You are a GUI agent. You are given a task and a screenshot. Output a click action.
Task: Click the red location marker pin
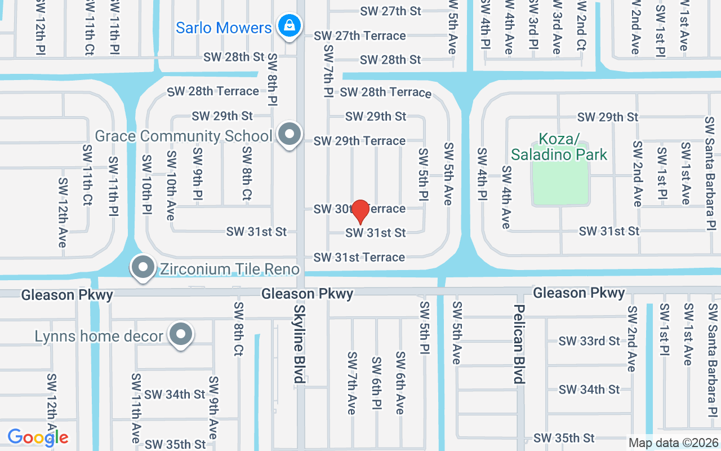point(360,212)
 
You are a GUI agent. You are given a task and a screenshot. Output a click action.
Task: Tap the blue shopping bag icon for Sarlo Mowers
point(290,25)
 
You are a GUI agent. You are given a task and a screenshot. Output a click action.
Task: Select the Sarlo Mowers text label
point(224,28)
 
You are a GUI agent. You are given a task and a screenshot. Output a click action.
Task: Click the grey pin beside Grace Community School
point(290,135)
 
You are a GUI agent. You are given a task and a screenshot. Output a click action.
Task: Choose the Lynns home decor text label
point(99,337)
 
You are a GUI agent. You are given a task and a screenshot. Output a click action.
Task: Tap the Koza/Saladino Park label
point(559,147)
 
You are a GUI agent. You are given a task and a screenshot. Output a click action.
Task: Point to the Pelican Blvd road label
point(519,344)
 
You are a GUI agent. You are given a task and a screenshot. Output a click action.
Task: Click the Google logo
point(38,437)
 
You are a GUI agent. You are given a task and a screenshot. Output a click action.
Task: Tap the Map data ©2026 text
point(674,443)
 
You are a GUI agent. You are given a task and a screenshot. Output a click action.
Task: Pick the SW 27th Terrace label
point(359,36)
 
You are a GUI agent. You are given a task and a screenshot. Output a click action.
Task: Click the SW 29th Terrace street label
point(359,140)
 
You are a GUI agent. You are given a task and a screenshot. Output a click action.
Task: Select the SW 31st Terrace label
point(359,257)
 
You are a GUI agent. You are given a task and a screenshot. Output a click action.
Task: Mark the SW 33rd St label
point(589,341)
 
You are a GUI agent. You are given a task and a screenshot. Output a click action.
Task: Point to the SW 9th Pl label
point(197,175)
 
